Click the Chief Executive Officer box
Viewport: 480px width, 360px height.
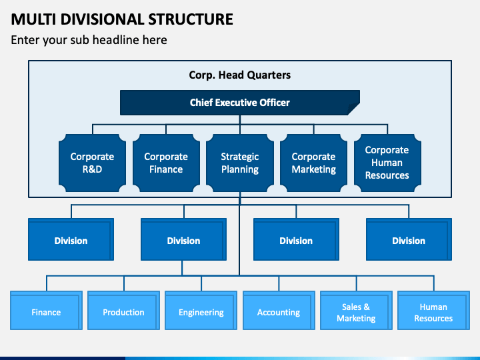pyautogui.click(x=239, y=103)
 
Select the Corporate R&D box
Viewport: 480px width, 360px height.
pyautogui.click(x=92, y=163)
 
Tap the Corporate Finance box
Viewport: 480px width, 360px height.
pyautogui.click(x=166, y=163)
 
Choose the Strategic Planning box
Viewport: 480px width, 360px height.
pyautogui.click(x=240, y=163)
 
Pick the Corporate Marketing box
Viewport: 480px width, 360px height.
pyautogui.click(x=313, y=163)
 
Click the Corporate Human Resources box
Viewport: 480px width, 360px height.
pyautogui.click(x=387, y=163)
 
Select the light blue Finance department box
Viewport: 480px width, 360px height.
pyautogui.click(x=46, y=312)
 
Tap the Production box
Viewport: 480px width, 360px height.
pyautogui.click(x=123, y=312)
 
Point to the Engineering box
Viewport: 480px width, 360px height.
pyautogui.click(x=201, y=312)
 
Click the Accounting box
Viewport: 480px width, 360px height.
pyautogui.click(x=278, y=312)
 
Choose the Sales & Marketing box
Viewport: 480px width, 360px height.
pyautogui.click(x=356, y=312)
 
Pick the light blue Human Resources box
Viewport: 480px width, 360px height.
pyautogui.click(x=433, y=312)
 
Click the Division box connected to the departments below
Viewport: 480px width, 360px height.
pyautogui.click(x=183, y=241)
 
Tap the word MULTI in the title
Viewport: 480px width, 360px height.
pyautogui.click(x=31, y=19)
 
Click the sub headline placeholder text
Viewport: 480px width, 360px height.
pyautogui.click(x=89, y=40)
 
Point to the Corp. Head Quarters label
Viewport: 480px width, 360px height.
pyautogui.click(x=239, y=75)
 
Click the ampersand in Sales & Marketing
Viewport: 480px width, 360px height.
pyautogui.click(x=366, y=307)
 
